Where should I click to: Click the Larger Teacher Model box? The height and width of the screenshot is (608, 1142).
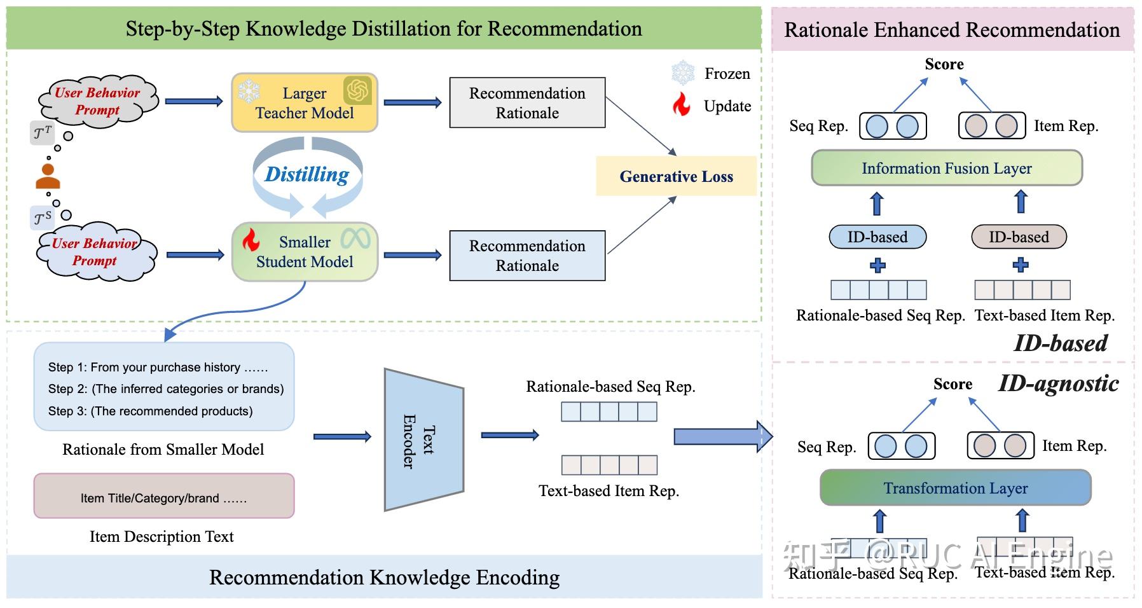click(304, 103)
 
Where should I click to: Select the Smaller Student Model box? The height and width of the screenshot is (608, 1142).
click(304, 252)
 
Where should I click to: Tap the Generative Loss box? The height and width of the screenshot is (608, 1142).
click(676, 176)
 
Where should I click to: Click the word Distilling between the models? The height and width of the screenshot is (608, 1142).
click(306, 174)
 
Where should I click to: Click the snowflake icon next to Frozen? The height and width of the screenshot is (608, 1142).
click(683, 73)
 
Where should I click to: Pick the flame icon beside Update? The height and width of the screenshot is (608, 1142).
click(682, 105)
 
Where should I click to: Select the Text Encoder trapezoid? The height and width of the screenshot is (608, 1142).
click(423, 439)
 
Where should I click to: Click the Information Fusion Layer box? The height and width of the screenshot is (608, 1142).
click(946, 168)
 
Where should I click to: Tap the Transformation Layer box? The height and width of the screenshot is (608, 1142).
click(955, 488)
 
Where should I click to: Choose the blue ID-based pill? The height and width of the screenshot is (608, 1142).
click(877, 237)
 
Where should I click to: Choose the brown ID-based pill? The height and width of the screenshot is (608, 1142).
click(1018, 237)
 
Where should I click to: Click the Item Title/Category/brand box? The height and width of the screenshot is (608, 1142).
click(163, 497)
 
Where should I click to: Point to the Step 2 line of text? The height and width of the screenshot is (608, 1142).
click(165, 389)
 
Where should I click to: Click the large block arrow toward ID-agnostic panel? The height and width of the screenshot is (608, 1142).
click(722, 436)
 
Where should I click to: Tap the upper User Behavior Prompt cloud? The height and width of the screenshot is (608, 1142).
click(97, 101)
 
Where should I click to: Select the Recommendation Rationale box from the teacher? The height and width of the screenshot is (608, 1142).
click(527, 103)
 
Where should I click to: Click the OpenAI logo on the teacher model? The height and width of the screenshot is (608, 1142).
click(357, 90)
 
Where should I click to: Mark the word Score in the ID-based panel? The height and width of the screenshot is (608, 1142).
click(944, 64)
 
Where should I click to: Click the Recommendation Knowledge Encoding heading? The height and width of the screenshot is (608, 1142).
click(384, 577)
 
